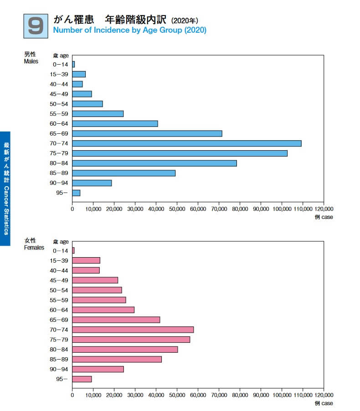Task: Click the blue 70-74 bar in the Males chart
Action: click(x=187, y=143)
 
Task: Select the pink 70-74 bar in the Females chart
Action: click(x=133, y=330)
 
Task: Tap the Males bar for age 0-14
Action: click(x=73, y=64)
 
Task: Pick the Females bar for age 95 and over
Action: click(x=82, y=379)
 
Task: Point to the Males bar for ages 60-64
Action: click(x=115, y=123)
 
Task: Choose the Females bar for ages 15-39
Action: click(x=86, y=260)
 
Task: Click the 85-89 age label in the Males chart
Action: click(x=59, y=173)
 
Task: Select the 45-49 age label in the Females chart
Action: click(x=59, y=280)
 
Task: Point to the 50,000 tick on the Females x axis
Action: click(x=177, y=396)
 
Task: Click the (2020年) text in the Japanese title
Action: click(x=185, y=20)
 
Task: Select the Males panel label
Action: click(x=31, y=58)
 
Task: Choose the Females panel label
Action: click(x=34, y=244)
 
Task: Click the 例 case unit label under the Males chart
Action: click(x=324, y=217)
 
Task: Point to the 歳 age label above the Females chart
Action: click(x=61, y=242)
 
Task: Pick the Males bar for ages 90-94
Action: click(x=92, y=183)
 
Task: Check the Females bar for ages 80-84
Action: click(x=125, y=349)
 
